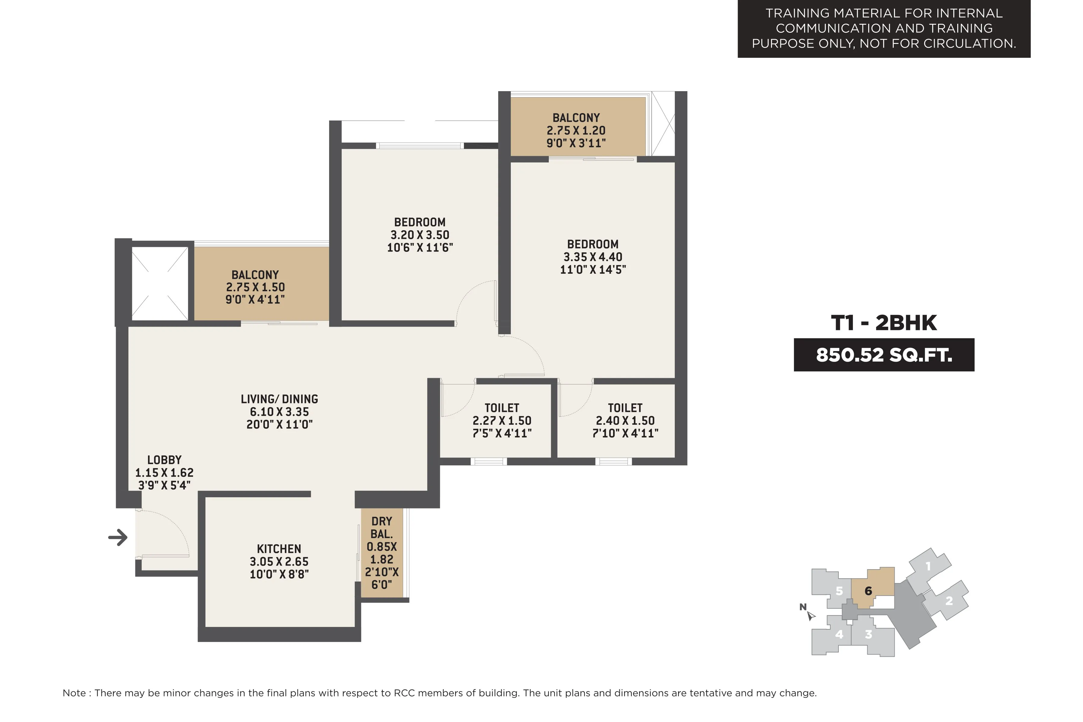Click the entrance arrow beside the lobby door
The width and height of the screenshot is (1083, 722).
[118, 537]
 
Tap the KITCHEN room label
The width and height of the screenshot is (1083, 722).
[279, 549]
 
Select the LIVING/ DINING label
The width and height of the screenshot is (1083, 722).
[279, 399]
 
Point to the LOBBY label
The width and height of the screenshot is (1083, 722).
[164, 460]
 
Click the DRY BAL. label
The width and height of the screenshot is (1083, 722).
[382, 528]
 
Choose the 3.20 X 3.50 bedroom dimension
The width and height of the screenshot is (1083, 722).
[420, 235]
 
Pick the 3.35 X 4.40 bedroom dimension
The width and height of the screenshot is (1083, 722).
[593, 257]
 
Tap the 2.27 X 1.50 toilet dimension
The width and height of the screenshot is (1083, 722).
[502, 421]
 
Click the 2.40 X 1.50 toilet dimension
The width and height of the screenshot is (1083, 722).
[625, 421]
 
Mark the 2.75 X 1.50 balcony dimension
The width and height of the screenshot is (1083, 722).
[255, 287]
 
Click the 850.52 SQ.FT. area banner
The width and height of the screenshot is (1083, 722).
[884, 355]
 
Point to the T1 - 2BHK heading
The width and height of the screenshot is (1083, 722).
[884, 323]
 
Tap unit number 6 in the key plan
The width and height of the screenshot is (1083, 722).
[869, 591]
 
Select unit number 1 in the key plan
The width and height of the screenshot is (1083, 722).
[928, 566]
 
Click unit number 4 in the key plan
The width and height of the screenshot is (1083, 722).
[839, 634]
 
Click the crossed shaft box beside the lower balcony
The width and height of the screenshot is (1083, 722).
[160, 283]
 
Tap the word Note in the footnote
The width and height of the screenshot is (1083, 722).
[74, 693]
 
